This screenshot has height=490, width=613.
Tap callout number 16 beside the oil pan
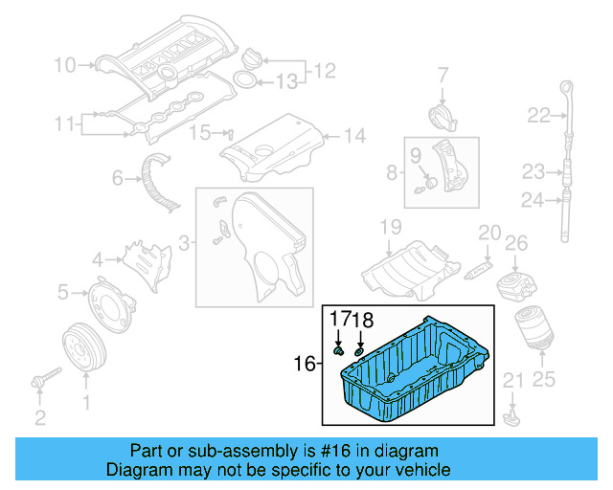(x=304, y=364)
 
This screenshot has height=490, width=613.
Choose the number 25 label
(x=543, y=380)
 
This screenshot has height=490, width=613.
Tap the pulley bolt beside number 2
(x=43, y=379)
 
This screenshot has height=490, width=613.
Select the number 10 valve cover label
(x=64, y=65)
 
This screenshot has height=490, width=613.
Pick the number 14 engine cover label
(x=354, y=137)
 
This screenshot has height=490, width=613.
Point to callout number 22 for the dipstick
(x=538, y=116)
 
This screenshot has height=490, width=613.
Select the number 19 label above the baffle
(x=389, y=227)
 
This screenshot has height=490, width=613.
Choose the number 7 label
(x=443, y=74)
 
